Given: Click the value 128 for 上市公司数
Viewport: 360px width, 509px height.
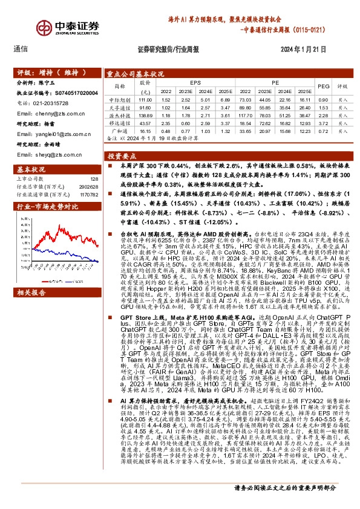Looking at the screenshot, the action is click(x=94, y=179).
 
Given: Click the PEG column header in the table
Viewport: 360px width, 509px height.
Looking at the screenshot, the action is click(x=323, y=86).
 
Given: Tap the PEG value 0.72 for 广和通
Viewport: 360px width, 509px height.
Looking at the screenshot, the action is click(x=323, y=129).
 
